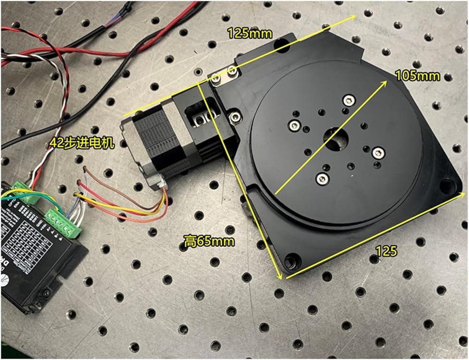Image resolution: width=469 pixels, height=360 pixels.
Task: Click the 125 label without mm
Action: tap(387, 250)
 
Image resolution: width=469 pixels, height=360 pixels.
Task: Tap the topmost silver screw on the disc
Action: tap(348, 99)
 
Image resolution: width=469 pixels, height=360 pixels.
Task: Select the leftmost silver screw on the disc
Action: tap(294, 124)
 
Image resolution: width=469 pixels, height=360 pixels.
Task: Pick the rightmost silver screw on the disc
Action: tap(378, 153)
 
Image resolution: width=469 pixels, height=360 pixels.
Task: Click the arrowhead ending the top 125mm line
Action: tap(353, 17)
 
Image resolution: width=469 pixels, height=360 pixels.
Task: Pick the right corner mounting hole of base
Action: tap(450, 185)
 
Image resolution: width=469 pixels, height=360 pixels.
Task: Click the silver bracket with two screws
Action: tap(224, 75)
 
